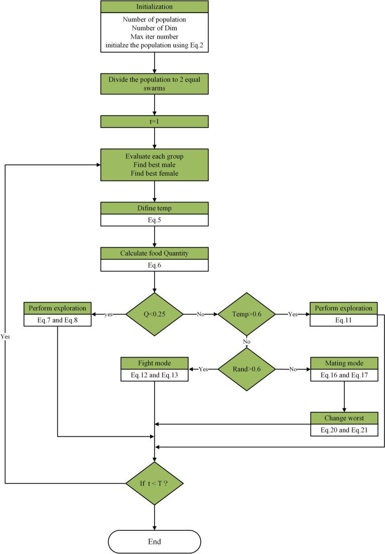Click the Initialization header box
[x=154, y=7]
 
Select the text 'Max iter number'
[x=154, y=37]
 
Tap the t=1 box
[x=154, y=122]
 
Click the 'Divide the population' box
[x=154, y=83]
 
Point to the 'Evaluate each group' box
[x=154, y=164]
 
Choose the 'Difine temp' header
[x=154, y=208]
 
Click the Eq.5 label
[x=154, y=219]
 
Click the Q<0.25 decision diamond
[x=154, y=314]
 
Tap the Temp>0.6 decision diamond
[x=246, y=314]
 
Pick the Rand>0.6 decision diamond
[x=246, y=369]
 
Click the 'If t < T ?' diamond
[x=154, y=484]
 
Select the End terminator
[x=154, y=541]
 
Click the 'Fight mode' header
[x=154, y=363]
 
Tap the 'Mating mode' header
[x=344, y=363]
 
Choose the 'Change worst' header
[x=344, y=418]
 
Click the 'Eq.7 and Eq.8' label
[x=57, y=319]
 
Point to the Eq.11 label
[x=344, y=319]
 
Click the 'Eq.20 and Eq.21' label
[x=344, y=430]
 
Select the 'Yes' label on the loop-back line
[x=6, y=337]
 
